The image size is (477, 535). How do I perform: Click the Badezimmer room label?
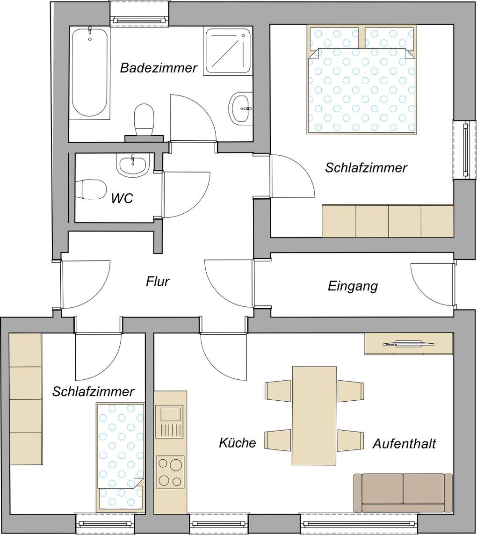point(159,68)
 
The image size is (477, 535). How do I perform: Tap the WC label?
point(122,198)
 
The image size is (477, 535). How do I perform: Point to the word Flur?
point(158,282)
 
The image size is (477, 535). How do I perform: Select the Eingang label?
point(353,286)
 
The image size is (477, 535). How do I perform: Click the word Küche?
point(238,443)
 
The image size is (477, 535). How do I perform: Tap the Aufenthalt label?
point(405,444)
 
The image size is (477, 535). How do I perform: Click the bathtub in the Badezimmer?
point(90,73)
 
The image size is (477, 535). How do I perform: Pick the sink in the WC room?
point(133,165)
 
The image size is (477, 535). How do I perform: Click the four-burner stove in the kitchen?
point(170,472)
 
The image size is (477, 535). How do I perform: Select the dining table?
point(314,416)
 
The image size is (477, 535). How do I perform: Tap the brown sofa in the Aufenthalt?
point(403,493)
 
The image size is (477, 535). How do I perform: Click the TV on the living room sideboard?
point(408,343)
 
